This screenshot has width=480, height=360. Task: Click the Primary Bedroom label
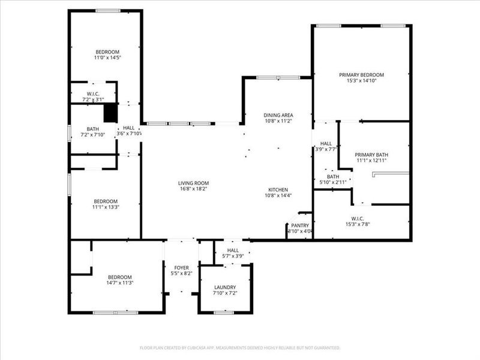361,75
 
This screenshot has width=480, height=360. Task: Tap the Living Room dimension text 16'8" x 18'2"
193,190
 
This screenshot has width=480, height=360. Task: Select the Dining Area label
278,115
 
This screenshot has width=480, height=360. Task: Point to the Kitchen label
278,190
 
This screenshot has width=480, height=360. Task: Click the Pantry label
300,225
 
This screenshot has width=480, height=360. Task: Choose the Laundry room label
225,287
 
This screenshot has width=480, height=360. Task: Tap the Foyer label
181,268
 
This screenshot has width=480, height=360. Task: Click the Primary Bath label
369,154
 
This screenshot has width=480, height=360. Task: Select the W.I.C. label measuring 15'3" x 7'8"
362,218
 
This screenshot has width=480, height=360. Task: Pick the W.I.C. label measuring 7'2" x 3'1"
93,94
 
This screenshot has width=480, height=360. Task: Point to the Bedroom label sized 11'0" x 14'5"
107,52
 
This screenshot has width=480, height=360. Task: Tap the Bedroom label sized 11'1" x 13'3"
105,201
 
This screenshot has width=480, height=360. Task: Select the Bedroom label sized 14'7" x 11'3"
119,277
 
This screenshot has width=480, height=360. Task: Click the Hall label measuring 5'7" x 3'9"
233,250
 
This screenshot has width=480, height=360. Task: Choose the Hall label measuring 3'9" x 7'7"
326,144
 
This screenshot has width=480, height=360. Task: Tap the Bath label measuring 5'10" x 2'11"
333,176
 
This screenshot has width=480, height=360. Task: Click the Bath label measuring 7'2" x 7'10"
93,129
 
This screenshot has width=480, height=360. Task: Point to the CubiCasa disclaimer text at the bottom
240,347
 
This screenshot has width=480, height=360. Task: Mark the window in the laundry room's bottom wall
224,312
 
